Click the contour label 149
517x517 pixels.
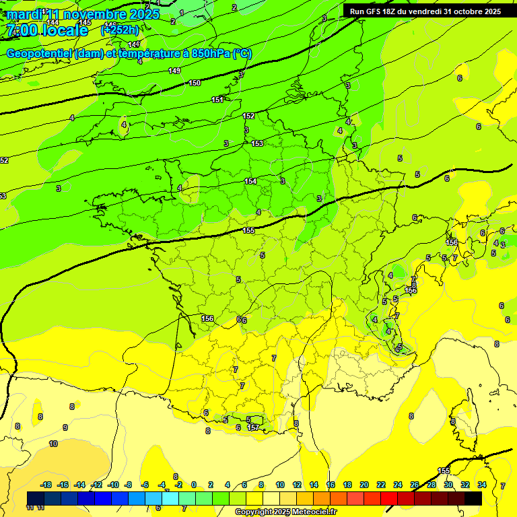pyautogui.click(x=174, y=71)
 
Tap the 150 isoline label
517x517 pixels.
pyautogui.click(x=195, y=83)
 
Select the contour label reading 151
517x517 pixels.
pyautogui.click(x=217, y=100)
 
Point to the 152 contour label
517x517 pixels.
pyautogui.click(x=248, y=116)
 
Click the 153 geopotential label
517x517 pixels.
pyautogui.click(x=257, y=143)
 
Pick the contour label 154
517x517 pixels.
pyautogui.click(x=250, y=181)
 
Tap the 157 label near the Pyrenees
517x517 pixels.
pyautogui.click(x=253, y=427)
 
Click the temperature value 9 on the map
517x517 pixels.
pyautogui.click(x=65, y=427)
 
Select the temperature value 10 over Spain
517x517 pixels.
pyautogui.click(x=53, y=444)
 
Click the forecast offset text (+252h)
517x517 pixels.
pyautogui.click(x=120, y=30)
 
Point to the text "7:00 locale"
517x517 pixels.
pyautogui.click(x=46, y=30)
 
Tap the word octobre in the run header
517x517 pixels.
pyautogui.click(x=477, y=11)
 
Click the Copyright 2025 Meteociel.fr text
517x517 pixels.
pyautogui.click(x=285, y=512)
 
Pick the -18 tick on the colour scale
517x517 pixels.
pyautogui.click(x=46, y=485)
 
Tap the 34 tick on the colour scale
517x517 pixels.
pyautogui.click(x=481, y=485)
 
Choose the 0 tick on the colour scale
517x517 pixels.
pyautogui.click(x=194, y=485)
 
